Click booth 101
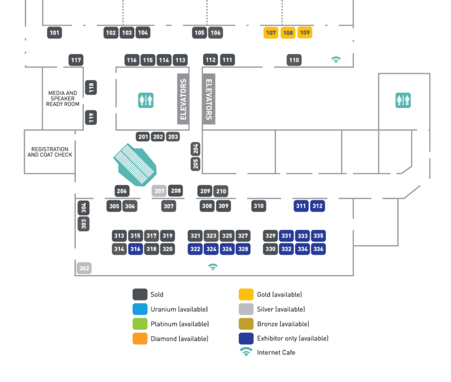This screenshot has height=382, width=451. tap(55, 33)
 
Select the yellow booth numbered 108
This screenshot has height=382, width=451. tap(288, 33)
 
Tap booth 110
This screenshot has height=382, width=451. tap(294, 60)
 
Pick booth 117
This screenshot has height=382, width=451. tap(76, 60)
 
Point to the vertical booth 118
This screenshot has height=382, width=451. tap(91, 88)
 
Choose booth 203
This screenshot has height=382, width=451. tap(173, 137)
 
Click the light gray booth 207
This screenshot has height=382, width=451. tap(159, 191)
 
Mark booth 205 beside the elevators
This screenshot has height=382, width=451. tap(196, 164)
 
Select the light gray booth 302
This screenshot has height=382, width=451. tap(84, 268)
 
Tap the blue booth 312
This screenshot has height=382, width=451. tap(317, 206)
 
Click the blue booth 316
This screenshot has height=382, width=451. tap(136, 249)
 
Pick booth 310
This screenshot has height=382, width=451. tap(258, 206)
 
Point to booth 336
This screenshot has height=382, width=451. tap(318, 249)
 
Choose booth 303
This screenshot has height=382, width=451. tap(83, 224)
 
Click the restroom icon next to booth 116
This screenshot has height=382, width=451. tap(146, 100)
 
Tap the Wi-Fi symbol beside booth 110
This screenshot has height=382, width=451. tap(336, 60)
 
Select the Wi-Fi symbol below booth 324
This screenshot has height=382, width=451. tap(213, 267)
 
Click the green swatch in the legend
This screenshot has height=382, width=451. tap(140, 323)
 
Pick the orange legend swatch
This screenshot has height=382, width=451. tap(140, 339)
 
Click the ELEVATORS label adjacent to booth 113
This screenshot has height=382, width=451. tap(183, 99)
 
